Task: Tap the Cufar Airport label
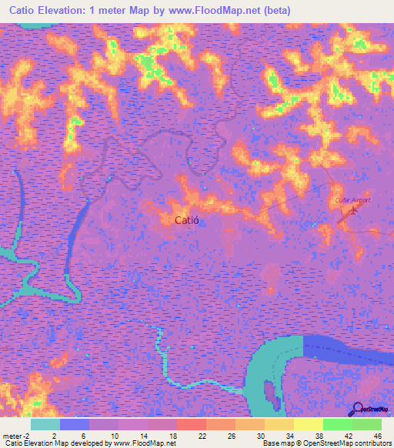(352, 200)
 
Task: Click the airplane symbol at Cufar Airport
(352, 209)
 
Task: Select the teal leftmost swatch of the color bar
(45, 424)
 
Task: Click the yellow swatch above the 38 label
(309, 424)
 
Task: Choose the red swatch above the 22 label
(192, 424)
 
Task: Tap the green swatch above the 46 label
(367, 424)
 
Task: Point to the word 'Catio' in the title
(16, 10)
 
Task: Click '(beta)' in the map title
(274, 10)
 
